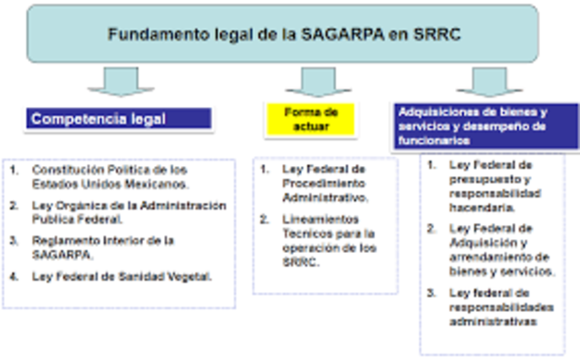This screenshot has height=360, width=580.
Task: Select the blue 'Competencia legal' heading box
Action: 119,118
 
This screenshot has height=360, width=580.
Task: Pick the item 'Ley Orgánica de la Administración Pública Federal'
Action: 122,211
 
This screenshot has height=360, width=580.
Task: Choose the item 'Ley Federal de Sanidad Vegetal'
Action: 121,277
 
